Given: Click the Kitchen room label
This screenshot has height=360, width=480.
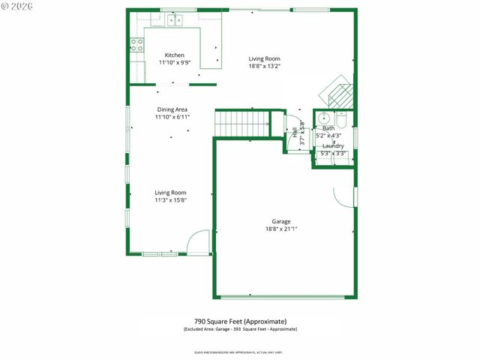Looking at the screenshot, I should (x=174, y=55).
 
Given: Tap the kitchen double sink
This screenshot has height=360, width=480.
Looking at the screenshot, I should (x=175, y=19).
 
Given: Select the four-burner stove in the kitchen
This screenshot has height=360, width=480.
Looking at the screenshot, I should (x=136, y=45).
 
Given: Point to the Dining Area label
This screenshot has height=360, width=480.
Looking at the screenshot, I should (x=172, y=109).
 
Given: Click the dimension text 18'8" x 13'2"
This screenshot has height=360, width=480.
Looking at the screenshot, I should (x=264, y=65).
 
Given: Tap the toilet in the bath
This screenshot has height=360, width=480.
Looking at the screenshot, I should (x=341, y=120).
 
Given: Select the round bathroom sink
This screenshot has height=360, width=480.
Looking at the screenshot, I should (x=323, y=118).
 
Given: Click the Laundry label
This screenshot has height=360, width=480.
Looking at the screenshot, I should (x=333, y=145).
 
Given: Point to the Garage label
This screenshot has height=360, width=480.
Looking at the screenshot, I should (x=280, y=221).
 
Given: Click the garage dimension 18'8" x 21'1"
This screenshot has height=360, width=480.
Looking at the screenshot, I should (x=280, y=229).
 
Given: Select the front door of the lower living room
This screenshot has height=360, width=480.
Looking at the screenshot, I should (x=198, y=244).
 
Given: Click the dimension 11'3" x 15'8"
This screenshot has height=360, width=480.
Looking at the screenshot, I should (x=170, y=199).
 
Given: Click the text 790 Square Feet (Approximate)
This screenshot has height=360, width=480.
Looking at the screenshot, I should (x=240, y=322).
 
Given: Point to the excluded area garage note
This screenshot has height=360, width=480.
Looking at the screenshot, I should (x=240, y=329).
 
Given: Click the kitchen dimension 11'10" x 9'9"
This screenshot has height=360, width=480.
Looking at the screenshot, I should (x=174, y=62).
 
